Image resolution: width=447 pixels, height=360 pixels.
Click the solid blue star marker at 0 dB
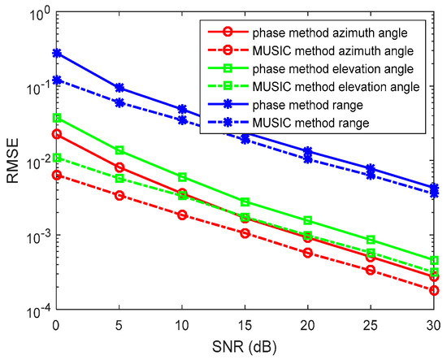click(x=56, y=53)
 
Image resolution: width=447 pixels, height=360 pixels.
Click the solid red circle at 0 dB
click(x=56, y=134)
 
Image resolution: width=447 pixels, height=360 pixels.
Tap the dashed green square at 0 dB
click(x=56, y=158)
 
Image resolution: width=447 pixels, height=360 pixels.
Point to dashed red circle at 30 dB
click(x=434, y=290)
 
